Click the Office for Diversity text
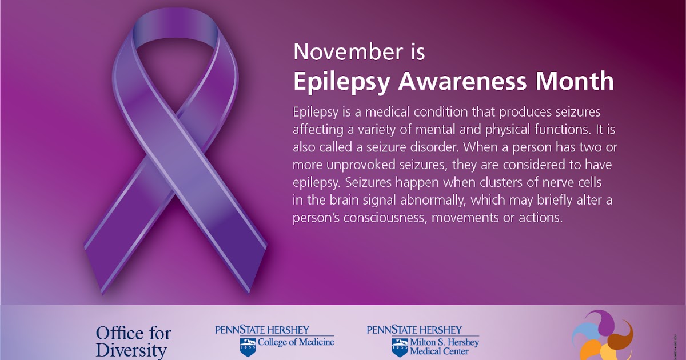click(133, 341)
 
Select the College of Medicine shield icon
click(248, 346)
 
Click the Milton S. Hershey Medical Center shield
click(399, 346)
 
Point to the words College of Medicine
click(296, 342)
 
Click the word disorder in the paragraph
click(428, 147)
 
